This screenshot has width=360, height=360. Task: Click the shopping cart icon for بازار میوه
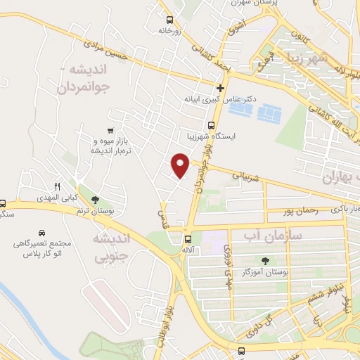pyautogui.click(x=110, y=130)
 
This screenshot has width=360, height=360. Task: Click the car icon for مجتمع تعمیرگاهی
pyautogui.click(x=42, y=232)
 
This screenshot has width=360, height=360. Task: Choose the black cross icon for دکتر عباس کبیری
pyautogui.click(x=221, y=88)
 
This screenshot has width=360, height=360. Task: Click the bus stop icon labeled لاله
pyautogui.click(x=188, y=238)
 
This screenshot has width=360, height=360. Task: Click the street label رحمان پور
pyautogui.click(x=301, y=210)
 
